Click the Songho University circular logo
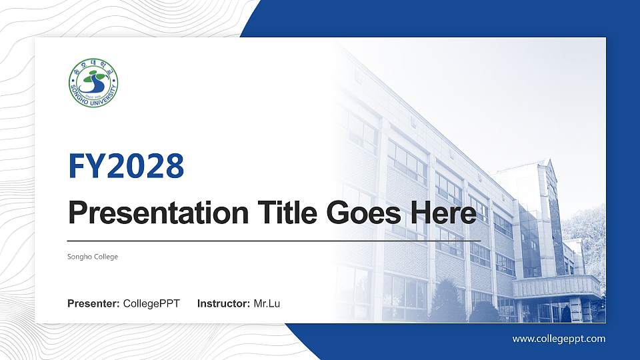click(93, 85)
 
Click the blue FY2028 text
click(126, 166)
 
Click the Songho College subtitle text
click(93, 257)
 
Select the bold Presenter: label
click(93, 304)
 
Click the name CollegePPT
click(151, 304)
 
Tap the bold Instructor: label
click(224, 304)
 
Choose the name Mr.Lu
click(267, 304)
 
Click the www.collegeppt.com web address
click(559, 339)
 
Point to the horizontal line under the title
click(273, 240)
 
